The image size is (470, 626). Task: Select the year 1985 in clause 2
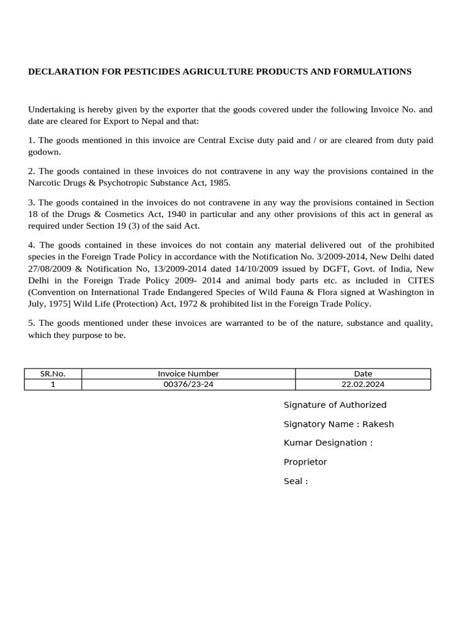coord(218,182)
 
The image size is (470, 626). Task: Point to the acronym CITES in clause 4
coord(420,281)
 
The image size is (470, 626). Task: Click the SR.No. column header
coord(53,374)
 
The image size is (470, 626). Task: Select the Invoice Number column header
coord(188,374)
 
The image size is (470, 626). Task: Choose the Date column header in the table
coord(363,374)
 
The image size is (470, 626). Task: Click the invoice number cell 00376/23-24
coord(188,385)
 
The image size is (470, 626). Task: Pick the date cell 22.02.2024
coord(363,385)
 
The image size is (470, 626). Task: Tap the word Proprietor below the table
coord(305,462)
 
